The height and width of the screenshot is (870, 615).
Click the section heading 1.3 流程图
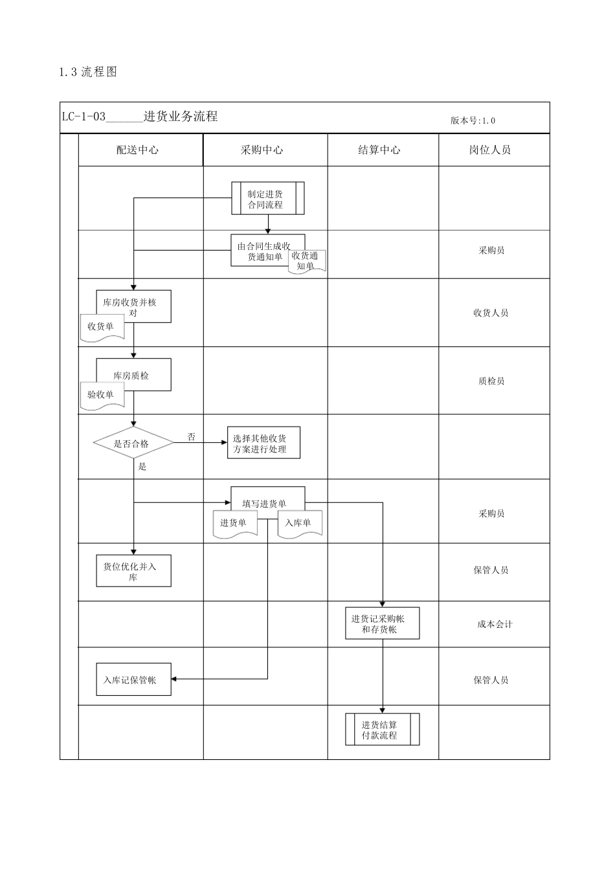point(87,72)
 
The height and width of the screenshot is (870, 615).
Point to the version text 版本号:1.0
point(473,120)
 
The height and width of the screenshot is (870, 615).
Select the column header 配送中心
point(137,150)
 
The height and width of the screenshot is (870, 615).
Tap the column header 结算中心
point(379,150)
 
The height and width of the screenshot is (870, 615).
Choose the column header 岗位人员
point(490,150)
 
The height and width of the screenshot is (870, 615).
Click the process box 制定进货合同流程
point(267,199)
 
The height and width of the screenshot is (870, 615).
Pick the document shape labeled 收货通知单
point(306,261)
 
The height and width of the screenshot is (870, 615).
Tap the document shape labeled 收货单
point(101,327)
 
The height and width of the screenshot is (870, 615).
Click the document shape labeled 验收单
point(101,395)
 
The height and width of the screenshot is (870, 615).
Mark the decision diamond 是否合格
point(133,443)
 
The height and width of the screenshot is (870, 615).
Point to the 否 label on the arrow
point(191,437)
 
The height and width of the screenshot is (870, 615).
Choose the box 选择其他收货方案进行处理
point(263,443)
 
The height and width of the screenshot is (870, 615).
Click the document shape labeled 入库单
point(299,523)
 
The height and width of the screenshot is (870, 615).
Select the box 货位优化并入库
point(133,571)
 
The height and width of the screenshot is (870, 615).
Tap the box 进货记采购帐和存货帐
point(382,623)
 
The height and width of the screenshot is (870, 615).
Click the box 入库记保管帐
point(133,680)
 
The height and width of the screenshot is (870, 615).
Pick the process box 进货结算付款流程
point(382,730)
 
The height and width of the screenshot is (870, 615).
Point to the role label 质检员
point(491,381)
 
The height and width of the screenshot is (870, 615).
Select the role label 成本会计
point(495,624)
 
